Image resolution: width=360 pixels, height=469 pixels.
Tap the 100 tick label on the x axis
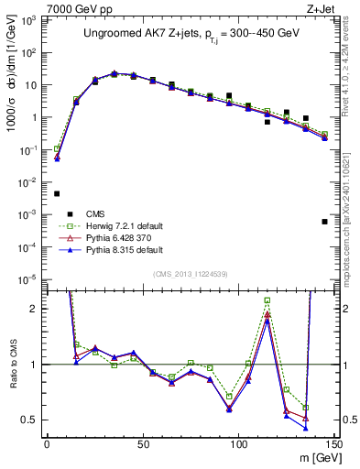tap(239, 443)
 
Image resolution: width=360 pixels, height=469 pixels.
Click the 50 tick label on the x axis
tap(143, 443)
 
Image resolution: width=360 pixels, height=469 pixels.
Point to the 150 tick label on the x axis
tap(334, 443)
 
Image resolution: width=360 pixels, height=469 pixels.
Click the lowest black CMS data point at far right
tap(325, 222)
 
